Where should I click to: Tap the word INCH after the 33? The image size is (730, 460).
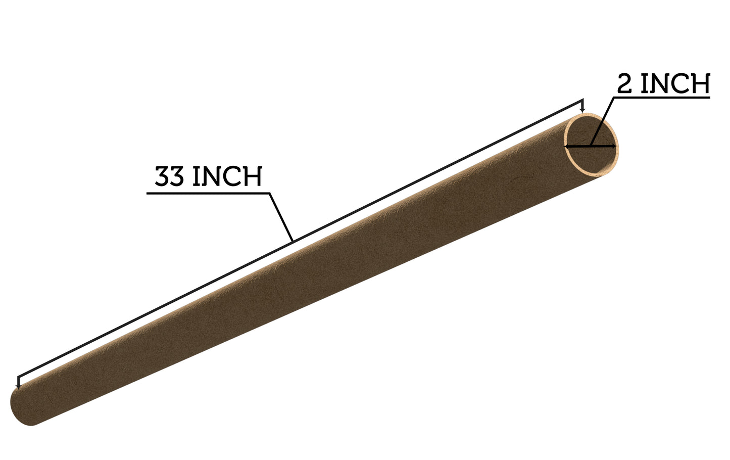pos(227,176)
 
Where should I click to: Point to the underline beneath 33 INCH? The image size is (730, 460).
pos(207,193)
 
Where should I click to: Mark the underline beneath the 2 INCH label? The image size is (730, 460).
pos(662,97)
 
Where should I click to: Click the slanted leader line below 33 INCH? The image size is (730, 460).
pos(281,216)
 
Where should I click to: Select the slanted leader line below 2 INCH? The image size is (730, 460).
pos(602,121)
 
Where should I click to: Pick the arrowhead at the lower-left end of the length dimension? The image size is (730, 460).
pos(19,386)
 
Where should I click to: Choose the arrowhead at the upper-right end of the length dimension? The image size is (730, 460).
pos(583,110)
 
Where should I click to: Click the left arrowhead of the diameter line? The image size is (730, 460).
pos(568,147)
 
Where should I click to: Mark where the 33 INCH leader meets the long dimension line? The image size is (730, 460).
pos(293,240)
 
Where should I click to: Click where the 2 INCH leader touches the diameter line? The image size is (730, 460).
pos(590,146)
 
